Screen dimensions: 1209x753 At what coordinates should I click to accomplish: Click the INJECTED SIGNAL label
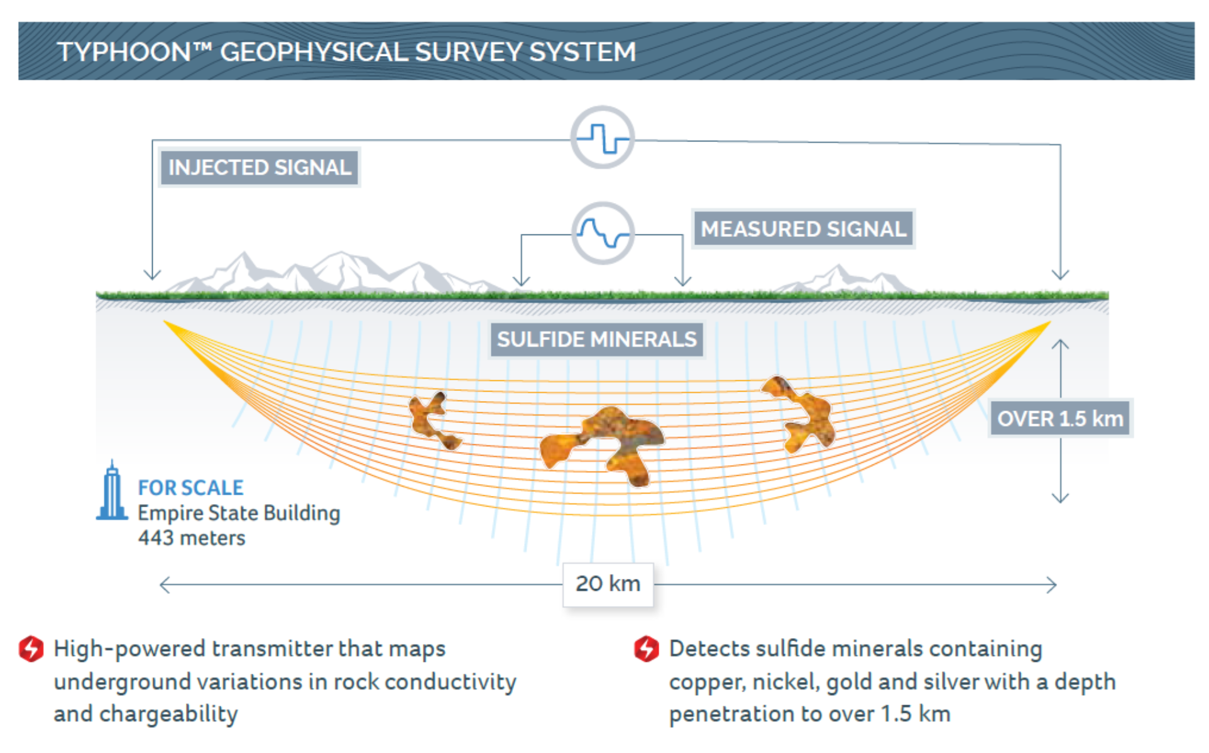(x=260, y=167)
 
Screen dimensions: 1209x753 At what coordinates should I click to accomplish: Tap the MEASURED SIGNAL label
(x=803, y=229)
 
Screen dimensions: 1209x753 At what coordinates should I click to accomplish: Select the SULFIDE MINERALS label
(x=597, y=339)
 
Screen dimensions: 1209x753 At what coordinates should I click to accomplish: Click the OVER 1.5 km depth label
(x=1060, y=419)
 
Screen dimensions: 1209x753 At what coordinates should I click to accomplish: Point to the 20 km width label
(x=608, y=584)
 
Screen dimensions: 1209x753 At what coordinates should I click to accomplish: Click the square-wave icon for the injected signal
(x=603, y=137)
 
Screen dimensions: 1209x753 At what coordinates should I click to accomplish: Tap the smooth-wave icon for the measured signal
(x=603, y=233)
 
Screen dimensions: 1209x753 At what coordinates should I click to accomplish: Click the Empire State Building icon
(x=112, y=490)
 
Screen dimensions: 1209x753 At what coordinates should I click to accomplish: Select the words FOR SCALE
(x=190, y=488)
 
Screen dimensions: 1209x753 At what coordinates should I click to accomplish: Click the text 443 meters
(x=192, y=538)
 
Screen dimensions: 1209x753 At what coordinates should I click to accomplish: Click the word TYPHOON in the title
(x=124, y=52)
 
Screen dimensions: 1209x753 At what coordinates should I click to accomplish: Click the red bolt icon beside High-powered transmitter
(x=31, y=649)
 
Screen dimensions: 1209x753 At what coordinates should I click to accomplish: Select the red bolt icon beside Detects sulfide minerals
(x=646, y=649)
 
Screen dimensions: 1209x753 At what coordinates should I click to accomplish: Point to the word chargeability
(x=168, y=715)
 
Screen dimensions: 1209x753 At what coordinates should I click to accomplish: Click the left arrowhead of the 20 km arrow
(x=165, y=585)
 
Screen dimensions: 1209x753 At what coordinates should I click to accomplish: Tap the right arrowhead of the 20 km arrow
(x=1051, y=585)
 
